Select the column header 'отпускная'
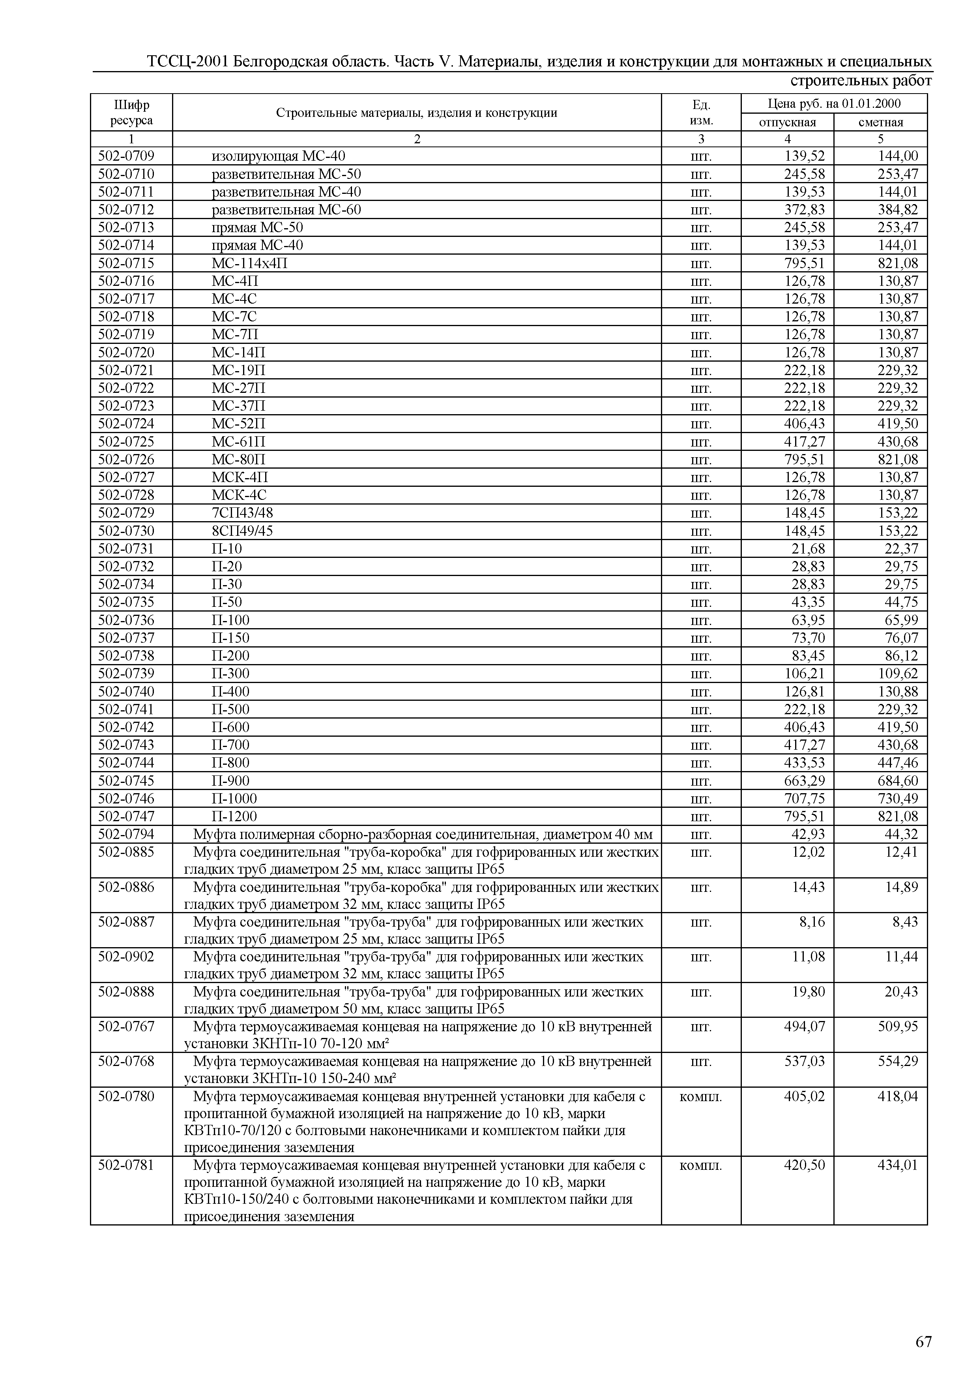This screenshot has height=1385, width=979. coord(787,122)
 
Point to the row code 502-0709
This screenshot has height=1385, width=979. coord(126,156)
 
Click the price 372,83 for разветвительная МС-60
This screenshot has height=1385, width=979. coord(803,210)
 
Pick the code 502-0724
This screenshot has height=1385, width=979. coord(126,424)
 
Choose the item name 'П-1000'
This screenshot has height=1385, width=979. coord(234,799)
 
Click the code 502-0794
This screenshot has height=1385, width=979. coord(126,834)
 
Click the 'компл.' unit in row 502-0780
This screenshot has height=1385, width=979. coord(700,1096)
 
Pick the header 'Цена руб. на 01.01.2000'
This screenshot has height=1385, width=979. coord(834,104)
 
